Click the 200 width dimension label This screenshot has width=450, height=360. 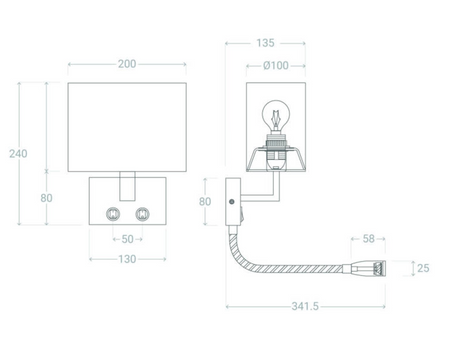(x=127, y=64)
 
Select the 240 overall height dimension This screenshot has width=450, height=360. (x=18, y=154)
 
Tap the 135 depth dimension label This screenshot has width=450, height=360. (x=265, y=43)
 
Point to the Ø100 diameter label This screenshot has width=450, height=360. (x=276, y=65)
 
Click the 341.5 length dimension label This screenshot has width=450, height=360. (x=305, y=306)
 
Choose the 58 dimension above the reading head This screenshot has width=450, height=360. (x=369, y=239)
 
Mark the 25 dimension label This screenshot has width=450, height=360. (x=423, y=268)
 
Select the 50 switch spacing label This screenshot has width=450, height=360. (x=128, y=239)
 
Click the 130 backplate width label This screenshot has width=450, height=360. (x=127, y=259)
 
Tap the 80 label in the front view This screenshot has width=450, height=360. (x=46, y=198)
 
